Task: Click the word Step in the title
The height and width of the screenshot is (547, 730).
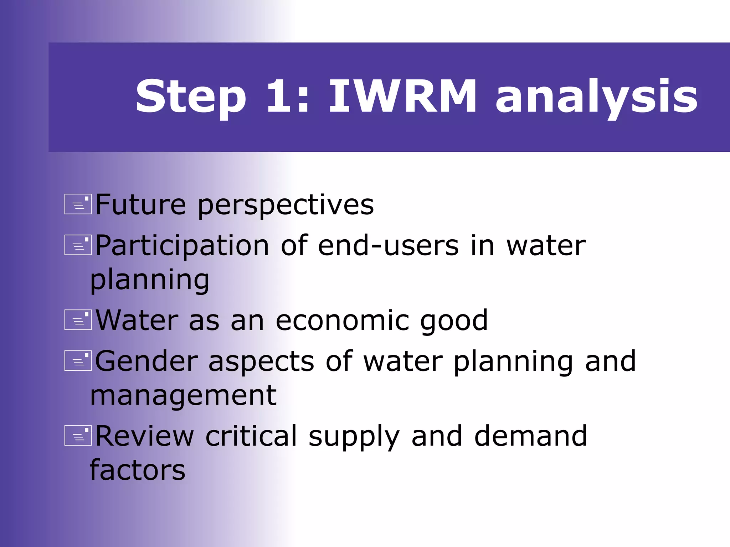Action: (191, 97)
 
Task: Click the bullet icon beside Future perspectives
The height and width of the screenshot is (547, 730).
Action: (78, 204)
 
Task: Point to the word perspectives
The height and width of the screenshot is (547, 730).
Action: (286, 206)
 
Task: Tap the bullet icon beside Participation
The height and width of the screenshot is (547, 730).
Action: (78, 245)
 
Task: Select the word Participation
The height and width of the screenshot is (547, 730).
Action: (182, 246)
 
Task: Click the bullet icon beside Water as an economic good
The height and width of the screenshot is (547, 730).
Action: (78, 320)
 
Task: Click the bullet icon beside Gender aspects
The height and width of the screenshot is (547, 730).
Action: (78, 361)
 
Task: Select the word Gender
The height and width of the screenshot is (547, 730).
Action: (146, 361)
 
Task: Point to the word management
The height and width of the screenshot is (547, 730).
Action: (183, 396)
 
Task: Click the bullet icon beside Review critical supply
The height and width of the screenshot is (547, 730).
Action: (78, 436)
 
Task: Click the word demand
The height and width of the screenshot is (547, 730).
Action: (530, 436)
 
